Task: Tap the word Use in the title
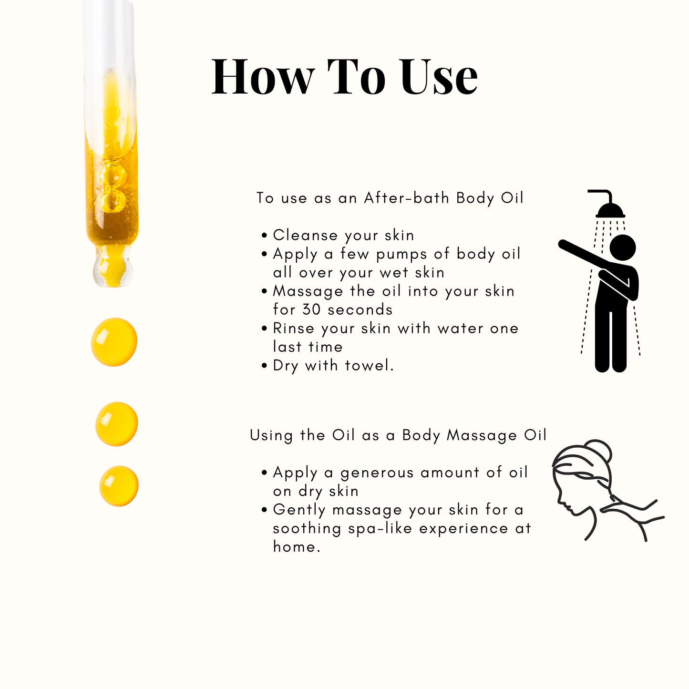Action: (x=439, y=76)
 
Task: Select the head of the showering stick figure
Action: (x=623, y=247)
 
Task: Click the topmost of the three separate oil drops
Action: (x=114, y=342)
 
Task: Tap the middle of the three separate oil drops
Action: (x=116, y=424)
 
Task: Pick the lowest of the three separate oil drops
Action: (x=119, y=486)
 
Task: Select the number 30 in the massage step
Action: (x=311, y=309)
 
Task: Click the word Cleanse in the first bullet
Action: (x=305, y=235)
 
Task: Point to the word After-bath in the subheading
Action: (x=407, y=198)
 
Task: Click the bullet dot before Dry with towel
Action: (x=264, y=366)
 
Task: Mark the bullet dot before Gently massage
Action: (x=264, y=510)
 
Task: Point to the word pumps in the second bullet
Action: (x=401, y=255)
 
